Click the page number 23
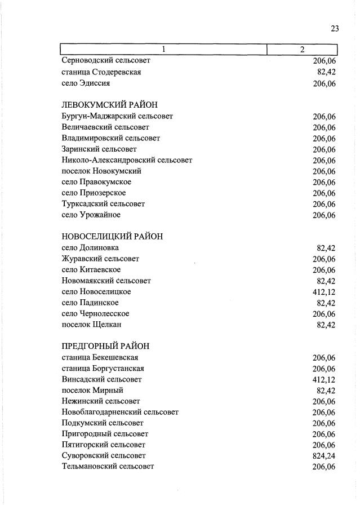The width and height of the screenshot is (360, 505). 334,29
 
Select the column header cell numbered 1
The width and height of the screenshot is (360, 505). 163,50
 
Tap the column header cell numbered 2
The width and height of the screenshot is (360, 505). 302,50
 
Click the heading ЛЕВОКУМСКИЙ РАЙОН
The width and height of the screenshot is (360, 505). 109,105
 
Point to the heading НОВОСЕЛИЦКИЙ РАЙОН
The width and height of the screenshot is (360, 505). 112,237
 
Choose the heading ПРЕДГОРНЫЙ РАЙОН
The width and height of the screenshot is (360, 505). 105,346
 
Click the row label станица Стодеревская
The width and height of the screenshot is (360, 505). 101,72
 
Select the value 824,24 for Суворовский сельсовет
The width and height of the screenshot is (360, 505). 323,455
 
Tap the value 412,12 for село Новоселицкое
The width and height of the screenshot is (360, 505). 323,292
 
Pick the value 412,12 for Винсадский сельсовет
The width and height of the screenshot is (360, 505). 323,379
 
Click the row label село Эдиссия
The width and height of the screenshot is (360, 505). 85,83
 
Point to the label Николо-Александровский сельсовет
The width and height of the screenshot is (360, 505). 127,160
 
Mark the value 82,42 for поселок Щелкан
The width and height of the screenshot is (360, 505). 326,325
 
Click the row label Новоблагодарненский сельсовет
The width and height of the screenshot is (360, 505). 120,412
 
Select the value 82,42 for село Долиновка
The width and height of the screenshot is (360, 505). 326,248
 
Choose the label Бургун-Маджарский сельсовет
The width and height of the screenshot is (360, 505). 117,116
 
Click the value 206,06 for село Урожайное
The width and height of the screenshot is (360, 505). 323,215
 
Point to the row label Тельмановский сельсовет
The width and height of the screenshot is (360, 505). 108,466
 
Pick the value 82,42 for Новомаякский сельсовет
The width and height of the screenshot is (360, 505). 326,281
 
